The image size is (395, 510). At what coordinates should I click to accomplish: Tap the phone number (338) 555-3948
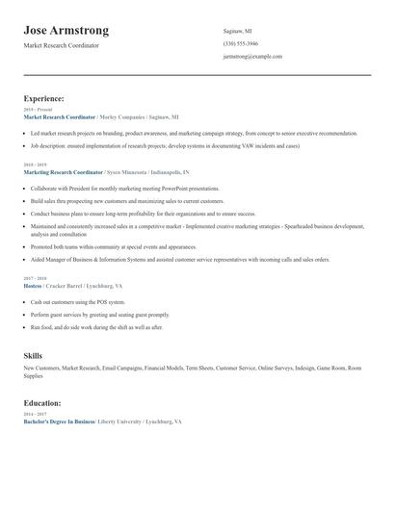click(x=241, y=43)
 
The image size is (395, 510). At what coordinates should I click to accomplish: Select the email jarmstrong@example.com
click(x=252, y=57)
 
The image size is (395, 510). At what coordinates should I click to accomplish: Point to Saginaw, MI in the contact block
click(x=238, y=31)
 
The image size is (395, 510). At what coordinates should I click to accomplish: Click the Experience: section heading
click(x=43, y=98)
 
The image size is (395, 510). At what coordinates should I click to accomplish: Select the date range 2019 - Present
click(x=39, y=110)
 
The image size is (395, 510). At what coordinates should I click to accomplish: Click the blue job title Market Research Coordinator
click(x=66, y=116)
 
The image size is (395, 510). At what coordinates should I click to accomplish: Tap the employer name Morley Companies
click(x=135, y=116)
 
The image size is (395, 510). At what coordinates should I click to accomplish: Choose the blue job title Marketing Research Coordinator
click(x=69, y=171)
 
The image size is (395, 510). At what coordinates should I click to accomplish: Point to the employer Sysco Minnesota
click(x=143, y=171)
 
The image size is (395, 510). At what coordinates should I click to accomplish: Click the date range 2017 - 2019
click(x=37, y=277)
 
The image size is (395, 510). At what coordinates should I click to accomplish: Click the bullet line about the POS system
click(x=78, y=301)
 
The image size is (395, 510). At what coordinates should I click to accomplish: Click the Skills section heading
click(x=33, y=356)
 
